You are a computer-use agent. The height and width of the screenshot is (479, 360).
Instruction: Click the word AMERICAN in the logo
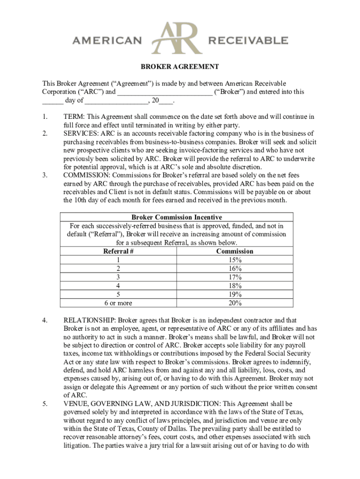click(x=107, y=41)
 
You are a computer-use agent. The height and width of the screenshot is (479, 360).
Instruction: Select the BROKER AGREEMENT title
click(x=180, y=67)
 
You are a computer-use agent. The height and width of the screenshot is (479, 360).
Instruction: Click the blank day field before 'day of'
click(x=52, y=100)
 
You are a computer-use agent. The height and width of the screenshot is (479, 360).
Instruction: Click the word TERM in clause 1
click(x=74, y=116)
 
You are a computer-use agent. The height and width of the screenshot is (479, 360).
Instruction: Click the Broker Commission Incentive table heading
click(x=177, y=217)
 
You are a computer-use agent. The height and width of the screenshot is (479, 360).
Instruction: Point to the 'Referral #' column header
click(x=118, y=251)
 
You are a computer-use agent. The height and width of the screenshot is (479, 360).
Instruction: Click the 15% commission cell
click(x=235, y=260)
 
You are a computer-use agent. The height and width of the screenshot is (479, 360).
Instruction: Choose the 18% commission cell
click(x=235, y=286)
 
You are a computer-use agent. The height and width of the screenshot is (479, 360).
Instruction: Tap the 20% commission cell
click(x=235, y=303)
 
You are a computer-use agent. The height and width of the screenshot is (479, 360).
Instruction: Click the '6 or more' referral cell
click(x=118, y=303)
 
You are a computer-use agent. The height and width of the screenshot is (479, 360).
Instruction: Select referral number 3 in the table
click(x=118, y=277)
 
